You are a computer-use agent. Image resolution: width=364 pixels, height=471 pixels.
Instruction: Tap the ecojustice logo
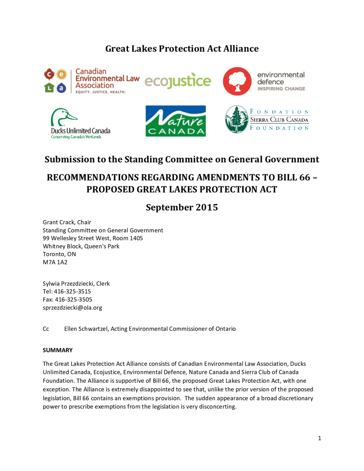click(178, 81)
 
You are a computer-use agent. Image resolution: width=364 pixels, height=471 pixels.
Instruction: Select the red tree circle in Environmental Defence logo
click(237, 81)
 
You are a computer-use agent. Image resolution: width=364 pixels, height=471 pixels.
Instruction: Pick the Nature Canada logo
click(175, 121)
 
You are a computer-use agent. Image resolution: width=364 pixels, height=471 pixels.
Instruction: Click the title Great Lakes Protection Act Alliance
click(182, 48)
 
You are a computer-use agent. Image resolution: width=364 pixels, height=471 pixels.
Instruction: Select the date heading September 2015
click(182, 207)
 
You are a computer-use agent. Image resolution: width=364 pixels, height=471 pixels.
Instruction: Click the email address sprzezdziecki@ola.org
click(72, 307)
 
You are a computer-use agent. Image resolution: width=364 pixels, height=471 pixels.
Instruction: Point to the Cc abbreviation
click(46, 329)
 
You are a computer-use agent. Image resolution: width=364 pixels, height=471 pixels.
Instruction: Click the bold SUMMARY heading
click(58, 350)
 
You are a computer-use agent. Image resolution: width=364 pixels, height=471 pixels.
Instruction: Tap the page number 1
click(319, 438)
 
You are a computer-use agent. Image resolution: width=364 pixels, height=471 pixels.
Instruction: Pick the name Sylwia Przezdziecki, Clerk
click(76, 283)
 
